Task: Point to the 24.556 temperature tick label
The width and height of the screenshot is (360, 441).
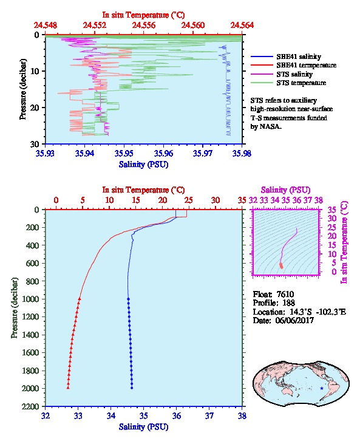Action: (144, 26)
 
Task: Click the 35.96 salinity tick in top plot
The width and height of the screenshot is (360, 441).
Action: (163, 153)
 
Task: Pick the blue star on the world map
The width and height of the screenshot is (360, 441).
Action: (322, 388)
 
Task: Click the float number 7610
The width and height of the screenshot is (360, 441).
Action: (285, 294)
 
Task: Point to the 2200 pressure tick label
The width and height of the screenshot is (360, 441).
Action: (31, 406)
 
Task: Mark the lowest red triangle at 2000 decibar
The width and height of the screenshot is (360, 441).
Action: (68, 388)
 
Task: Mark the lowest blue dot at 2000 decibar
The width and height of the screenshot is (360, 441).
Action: (132, 388)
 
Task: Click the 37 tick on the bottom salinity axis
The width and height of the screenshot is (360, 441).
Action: (209, 415)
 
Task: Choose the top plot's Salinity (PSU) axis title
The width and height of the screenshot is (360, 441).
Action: (144, 164)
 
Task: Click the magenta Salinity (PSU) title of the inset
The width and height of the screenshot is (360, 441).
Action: (285, 190)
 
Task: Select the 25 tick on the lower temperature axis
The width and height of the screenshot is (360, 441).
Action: (189, 200)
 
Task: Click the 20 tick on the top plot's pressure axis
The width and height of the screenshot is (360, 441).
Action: (35, 108)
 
